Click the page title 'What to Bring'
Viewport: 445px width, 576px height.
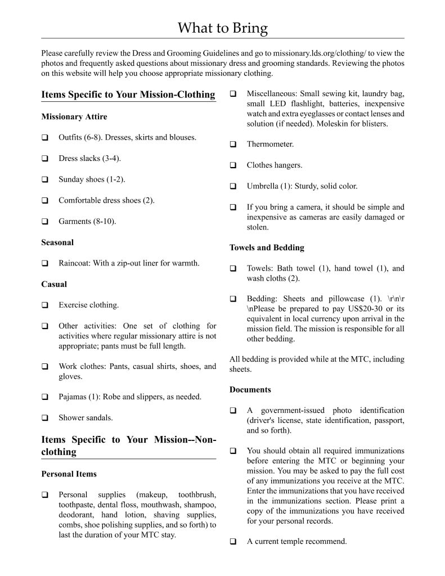tap(223, 28)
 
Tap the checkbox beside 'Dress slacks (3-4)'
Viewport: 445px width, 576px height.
tap(44, 159)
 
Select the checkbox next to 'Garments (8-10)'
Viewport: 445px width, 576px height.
tap(44, 222)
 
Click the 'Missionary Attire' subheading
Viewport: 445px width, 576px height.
tap(74, 117)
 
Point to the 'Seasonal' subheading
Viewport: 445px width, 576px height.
tap(57, 242)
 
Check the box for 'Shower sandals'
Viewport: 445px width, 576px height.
tap(44, 418)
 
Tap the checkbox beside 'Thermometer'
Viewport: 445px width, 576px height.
tap(233, 145)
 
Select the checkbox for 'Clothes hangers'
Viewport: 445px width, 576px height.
tap(233, 165)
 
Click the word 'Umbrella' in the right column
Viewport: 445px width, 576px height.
tap(263, 186)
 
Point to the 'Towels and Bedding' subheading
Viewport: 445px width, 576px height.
tap(267, 247)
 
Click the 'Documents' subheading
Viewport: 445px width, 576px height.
tap(250, 390)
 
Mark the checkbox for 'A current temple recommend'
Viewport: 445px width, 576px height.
tap(233, 542)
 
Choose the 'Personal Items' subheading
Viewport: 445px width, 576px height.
tap(69, 474)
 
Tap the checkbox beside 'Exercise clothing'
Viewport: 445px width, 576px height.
tap(44, 305)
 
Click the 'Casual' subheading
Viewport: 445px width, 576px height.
tap(54, 285)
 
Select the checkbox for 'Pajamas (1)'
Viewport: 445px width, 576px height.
tap(44, 397)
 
